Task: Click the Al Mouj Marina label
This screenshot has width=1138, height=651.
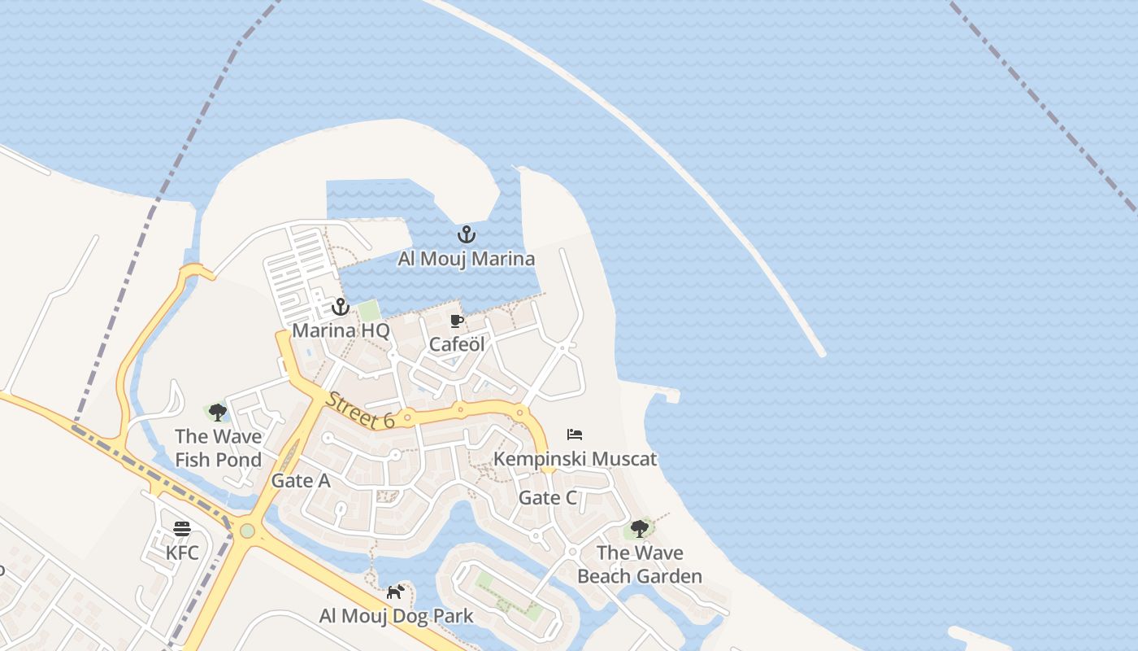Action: point(466,259)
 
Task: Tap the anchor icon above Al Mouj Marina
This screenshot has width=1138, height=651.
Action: point(466,235)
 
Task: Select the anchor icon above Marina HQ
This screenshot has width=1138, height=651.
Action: point(340,307)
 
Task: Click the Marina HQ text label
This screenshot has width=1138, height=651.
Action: point(341,330)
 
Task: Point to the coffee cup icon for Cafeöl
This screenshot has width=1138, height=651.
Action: point(457,321)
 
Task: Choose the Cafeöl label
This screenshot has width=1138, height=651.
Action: point(457,344)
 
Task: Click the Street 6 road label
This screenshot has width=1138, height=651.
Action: point(360,409)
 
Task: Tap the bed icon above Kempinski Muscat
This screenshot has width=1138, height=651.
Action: point(575,435)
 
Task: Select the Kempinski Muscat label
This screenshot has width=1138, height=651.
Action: point(576,458)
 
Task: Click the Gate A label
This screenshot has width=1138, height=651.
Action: point(301,480)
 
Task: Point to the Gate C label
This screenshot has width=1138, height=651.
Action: point(548,497)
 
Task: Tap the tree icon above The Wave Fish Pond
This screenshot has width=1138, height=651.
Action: point(217,413)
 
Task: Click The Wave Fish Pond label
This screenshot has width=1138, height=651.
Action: point(218,448)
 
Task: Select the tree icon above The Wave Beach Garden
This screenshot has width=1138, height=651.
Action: point(640,529)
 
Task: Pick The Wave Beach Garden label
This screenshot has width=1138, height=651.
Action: point(640,564)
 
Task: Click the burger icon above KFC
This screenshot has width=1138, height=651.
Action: point(182,529)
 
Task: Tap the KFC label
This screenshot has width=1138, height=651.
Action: point(182,553)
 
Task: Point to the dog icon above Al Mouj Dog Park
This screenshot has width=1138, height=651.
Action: point(396,592)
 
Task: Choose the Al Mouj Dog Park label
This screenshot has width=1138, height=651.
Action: point(396,615)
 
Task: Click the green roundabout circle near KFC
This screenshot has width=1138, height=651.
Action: point(247,531)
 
